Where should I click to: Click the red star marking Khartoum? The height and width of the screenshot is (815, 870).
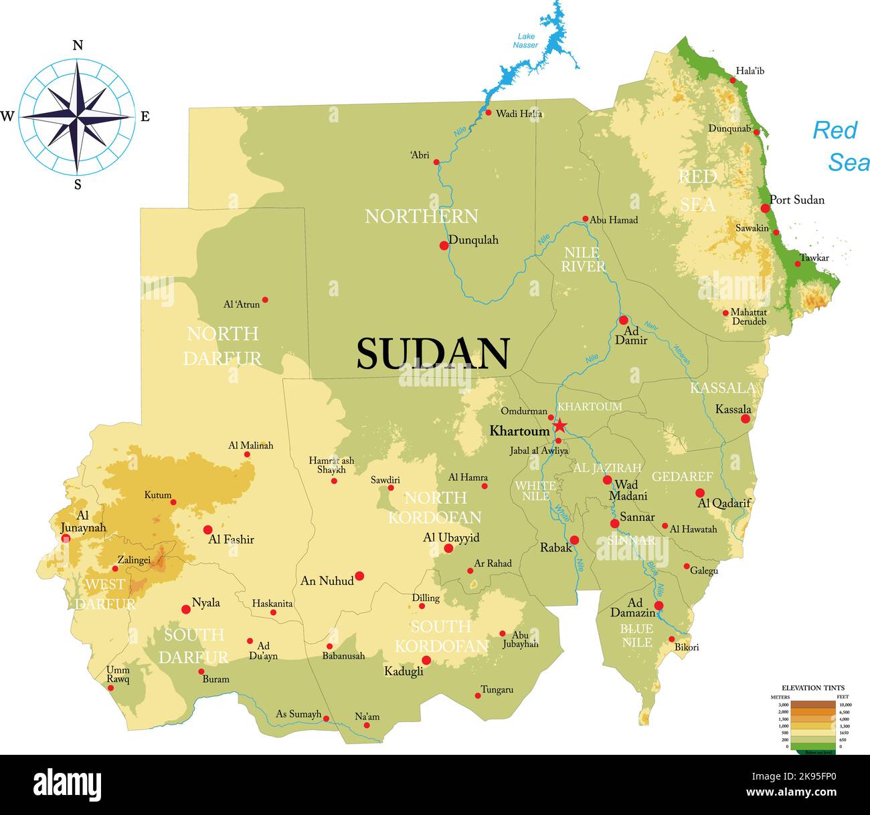point(559,426)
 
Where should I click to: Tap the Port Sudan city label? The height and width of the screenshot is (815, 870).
point(796,200)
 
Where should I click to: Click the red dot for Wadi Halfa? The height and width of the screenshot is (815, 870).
point(489,112)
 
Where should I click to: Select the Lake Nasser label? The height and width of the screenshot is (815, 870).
point(525,41)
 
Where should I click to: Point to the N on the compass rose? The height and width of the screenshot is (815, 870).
point(78,45)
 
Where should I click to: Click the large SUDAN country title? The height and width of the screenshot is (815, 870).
point(433,354)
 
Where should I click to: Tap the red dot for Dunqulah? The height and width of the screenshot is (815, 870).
point(444,245)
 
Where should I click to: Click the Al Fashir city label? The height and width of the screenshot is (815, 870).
point(231,540)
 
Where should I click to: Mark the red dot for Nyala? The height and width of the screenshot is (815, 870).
point(186,609)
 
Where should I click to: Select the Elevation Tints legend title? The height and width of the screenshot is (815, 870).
point(812,687)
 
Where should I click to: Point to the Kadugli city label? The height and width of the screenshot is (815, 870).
point(404,671)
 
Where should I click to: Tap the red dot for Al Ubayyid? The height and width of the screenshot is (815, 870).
point(448,548)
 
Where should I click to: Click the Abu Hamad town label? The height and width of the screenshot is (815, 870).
point(614,220)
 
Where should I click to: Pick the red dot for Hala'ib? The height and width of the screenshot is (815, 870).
point(733,80)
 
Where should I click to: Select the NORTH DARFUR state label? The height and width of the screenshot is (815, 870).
point(222,346)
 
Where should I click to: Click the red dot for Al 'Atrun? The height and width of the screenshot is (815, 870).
point(265,300)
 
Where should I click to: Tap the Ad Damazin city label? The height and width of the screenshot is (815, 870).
point(632,608)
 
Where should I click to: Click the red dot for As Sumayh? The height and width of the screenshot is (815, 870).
point(326,719)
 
